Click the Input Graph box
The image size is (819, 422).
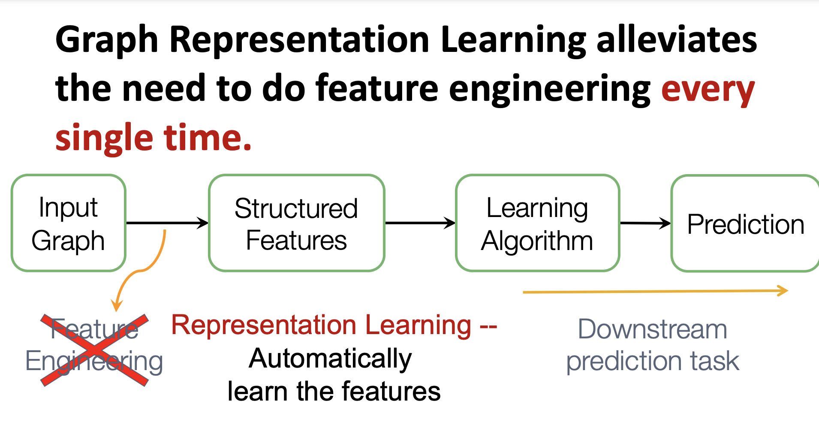[x=69, y=223]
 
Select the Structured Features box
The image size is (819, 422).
[x=296, y=223]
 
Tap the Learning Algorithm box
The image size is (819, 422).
[x=537, y=223]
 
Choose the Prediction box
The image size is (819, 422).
[x=745, y=223]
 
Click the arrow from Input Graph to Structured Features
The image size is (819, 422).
[x=167, y=223]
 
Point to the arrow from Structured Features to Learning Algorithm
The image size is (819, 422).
[x=420, y=223]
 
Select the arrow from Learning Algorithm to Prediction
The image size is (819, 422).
[x=645, y=223]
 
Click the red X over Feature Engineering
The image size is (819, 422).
[x=95, y=350]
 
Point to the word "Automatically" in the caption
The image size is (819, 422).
[x=330, y=359]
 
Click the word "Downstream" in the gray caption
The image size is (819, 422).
[x=652, y=329]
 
